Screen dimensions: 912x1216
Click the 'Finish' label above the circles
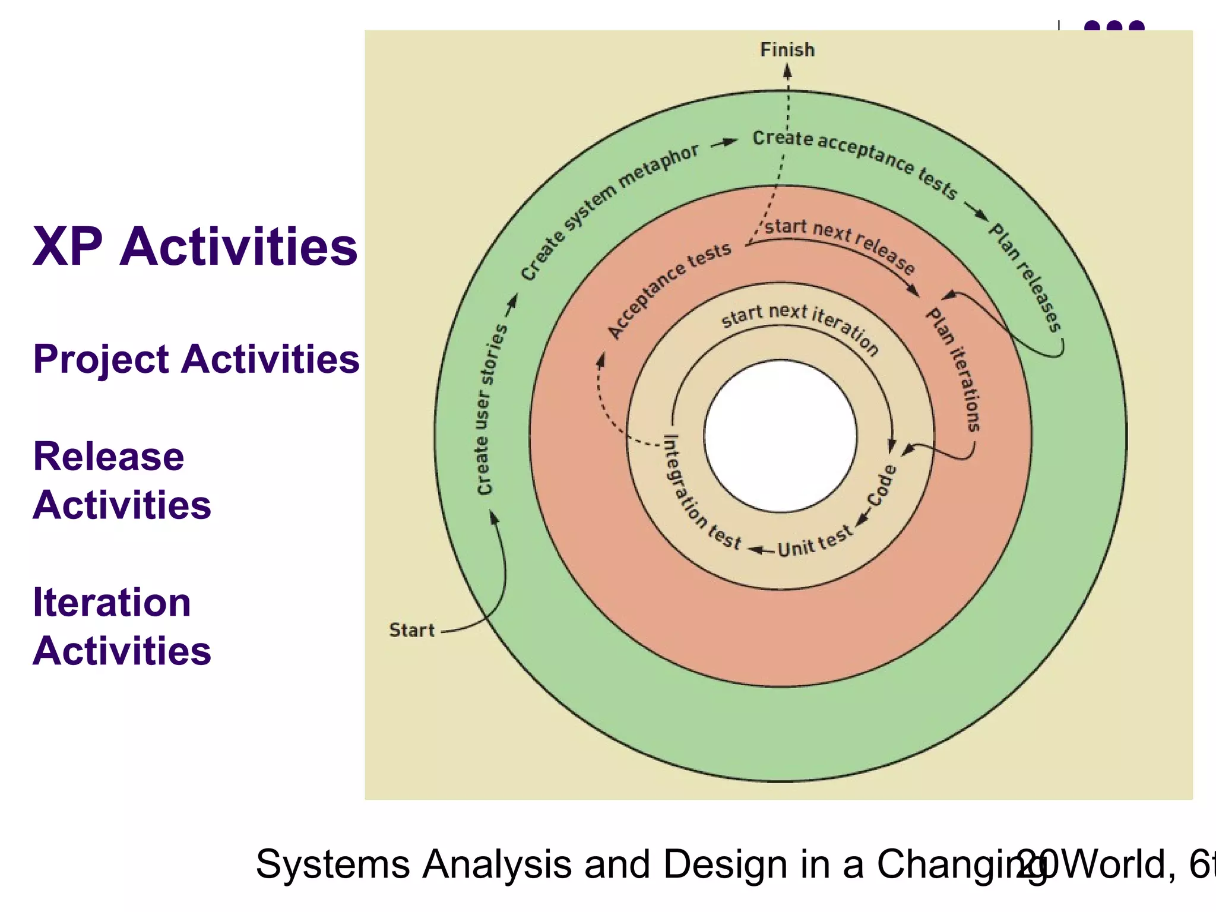coord(787,50)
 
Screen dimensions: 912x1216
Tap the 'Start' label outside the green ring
coord(411,630)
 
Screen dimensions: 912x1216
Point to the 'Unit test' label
coord(815,542)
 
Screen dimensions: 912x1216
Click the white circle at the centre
coord(781,436)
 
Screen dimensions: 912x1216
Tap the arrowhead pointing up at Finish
coord(787,72)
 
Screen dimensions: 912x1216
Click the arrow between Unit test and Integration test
coord(761,550)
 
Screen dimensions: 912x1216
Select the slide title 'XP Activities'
coord(195,246)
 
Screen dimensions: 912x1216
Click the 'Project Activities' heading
coord(196,359)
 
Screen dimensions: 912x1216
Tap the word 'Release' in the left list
coord(109,457)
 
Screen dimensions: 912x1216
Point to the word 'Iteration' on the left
coord(112,603)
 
